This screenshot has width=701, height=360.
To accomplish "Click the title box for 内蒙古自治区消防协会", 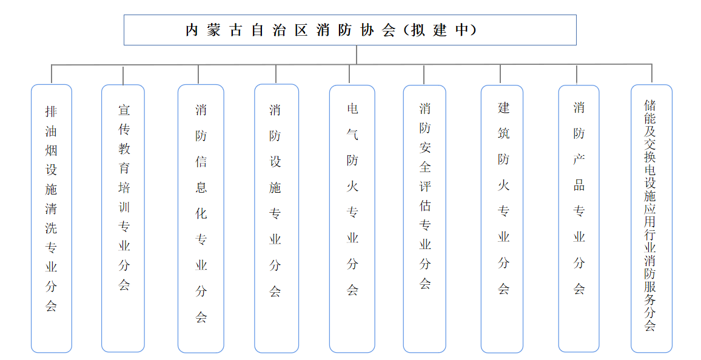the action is (350, 30).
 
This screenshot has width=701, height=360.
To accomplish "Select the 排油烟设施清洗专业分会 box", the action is (52, 218).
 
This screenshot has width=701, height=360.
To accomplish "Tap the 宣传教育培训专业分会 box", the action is (123, 218).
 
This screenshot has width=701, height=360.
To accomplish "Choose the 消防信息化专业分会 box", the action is (201, 218).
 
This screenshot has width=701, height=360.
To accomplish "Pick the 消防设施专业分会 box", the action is (277, 218).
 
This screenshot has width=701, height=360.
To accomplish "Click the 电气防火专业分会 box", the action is (352, 219).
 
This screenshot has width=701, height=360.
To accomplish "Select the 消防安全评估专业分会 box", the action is (424, 219).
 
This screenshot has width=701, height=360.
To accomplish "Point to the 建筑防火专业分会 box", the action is (502, 219).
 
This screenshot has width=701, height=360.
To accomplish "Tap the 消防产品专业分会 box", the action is (579, 218).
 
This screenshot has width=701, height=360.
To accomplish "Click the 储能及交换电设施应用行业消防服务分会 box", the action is (651, 218).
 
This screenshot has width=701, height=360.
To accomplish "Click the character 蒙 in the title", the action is (213, 30).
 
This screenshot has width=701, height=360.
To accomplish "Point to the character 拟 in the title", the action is (418, 30).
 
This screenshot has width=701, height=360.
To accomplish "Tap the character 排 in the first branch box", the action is (51, 112).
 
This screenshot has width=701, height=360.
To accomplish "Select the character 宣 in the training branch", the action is (124, 110).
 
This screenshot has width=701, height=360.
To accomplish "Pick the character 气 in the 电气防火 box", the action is (352, 135).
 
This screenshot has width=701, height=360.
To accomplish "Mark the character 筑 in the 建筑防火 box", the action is (503, 133).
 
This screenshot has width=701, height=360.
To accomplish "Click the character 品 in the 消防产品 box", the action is (579, 185).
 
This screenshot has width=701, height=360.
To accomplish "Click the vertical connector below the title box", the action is (357, 55).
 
